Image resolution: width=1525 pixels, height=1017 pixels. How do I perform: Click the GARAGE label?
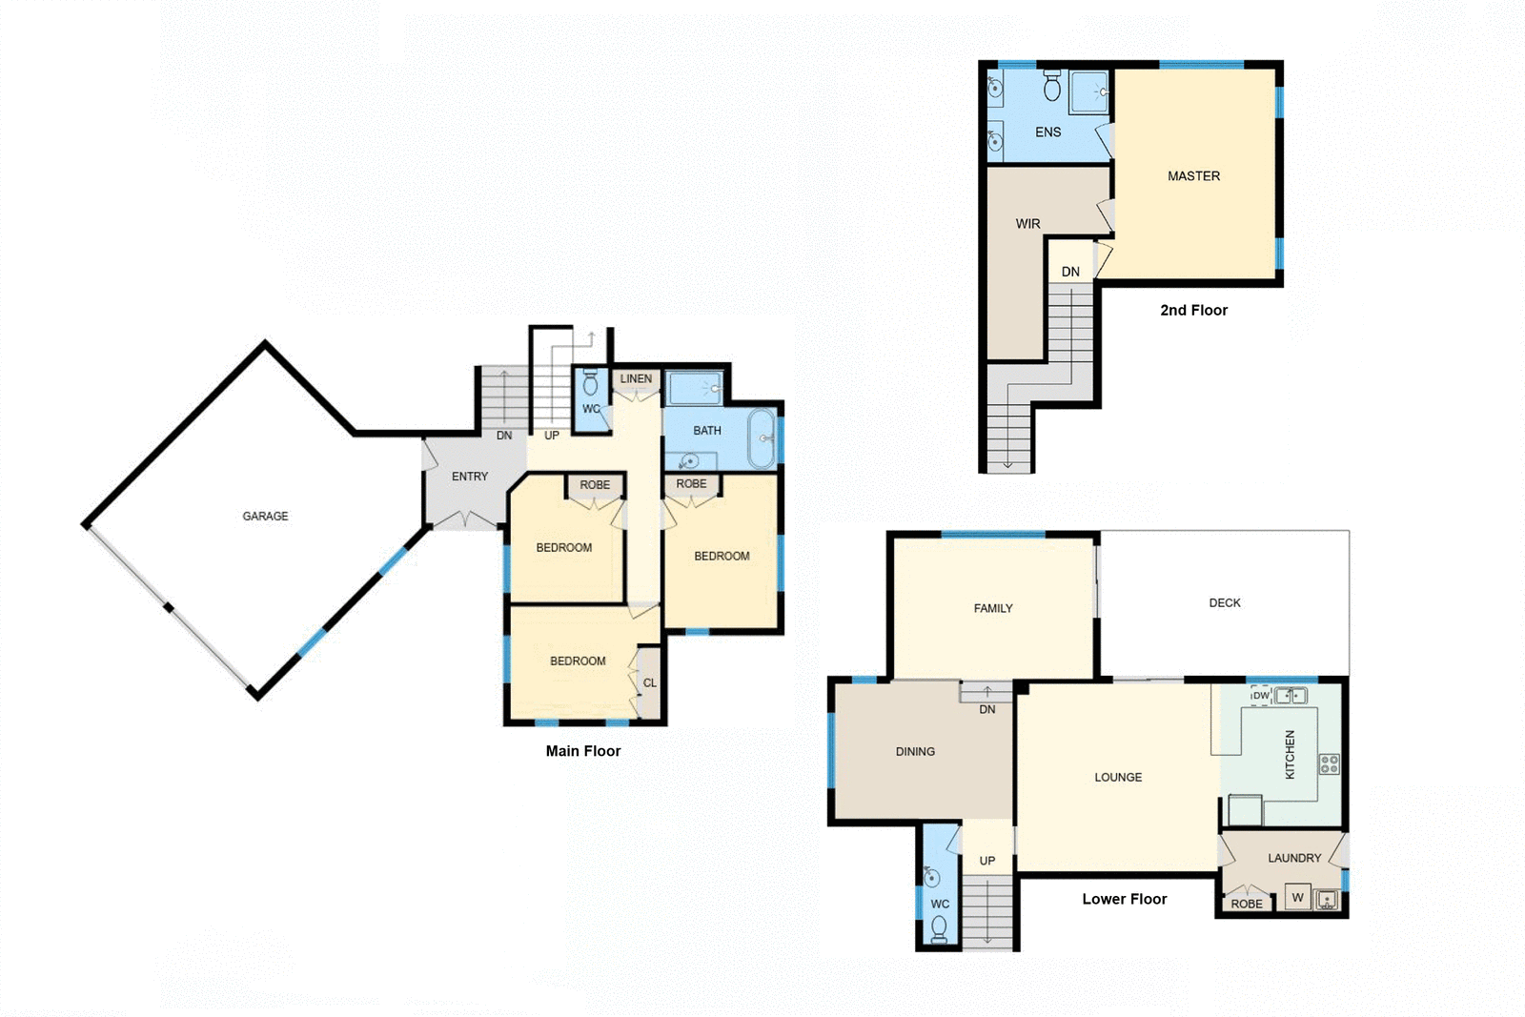[x=265, y=516]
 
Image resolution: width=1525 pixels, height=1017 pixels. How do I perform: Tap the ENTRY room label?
[x=470, y=476]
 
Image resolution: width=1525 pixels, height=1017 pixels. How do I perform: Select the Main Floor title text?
[x=582, y=751]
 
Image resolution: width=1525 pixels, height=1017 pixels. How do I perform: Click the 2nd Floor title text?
[x=1193, y=310]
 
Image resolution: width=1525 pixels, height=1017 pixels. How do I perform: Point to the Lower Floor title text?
[x=1124, y=899]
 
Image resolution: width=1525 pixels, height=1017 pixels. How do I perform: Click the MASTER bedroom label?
[x=1193, y=176]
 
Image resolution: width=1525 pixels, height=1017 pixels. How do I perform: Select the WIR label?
[x=1027, y=224]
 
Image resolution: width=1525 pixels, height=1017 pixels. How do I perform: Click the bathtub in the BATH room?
[x=762, y=438]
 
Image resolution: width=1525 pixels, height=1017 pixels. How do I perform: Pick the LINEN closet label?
[x=636, y=378]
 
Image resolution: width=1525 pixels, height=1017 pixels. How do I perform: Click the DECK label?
[x=1225, y=602]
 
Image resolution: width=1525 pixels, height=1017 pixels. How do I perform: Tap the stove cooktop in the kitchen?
[x=1330, y=763]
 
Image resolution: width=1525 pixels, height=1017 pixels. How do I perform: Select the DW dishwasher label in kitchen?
[x=1261, y=695]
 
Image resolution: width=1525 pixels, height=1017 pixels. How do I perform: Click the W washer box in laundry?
[x=1297, y=897]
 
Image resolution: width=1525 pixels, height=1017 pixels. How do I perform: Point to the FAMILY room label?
[x=993, y=608]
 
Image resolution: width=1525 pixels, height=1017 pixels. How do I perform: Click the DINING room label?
[x=915, y=751]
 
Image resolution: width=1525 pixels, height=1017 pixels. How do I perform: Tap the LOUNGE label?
[x=1118, y=777]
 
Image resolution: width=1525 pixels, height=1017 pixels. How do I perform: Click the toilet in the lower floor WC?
[x=939, y=927]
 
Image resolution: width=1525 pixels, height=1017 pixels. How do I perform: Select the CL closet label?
[x=649, y=682]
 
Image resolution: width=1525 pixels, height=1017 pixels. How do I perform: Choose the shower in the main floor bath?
[x=695, y=388]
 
